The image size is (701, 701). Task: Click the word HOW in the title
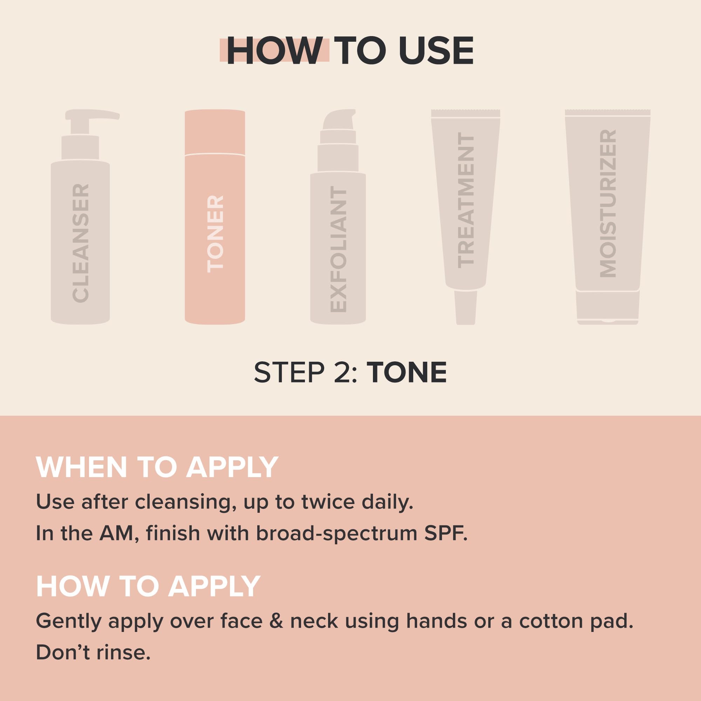click(275, 51)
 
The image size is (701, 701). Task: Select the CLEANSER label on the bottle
click(81, 243)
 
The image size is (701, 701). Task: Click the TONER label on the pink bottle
click(215, 234)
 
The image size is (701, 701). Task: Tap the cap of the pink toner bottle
click(215, 132)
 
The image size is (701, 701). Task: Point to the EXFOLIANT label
click(339, 250)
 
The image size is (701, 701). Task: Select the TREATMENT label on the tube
click(466, 200)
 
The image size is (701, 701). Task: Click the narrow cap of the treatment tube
click(465, 307)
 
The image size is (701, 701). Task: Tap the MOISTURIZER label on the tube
click(608, 204)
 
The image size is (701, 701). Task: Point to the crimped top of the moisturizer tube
click(608, 113)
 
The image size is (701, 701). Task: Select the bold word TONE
click(407, 373)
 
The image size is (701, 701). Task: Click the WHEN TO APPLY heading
click(157, 467)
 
